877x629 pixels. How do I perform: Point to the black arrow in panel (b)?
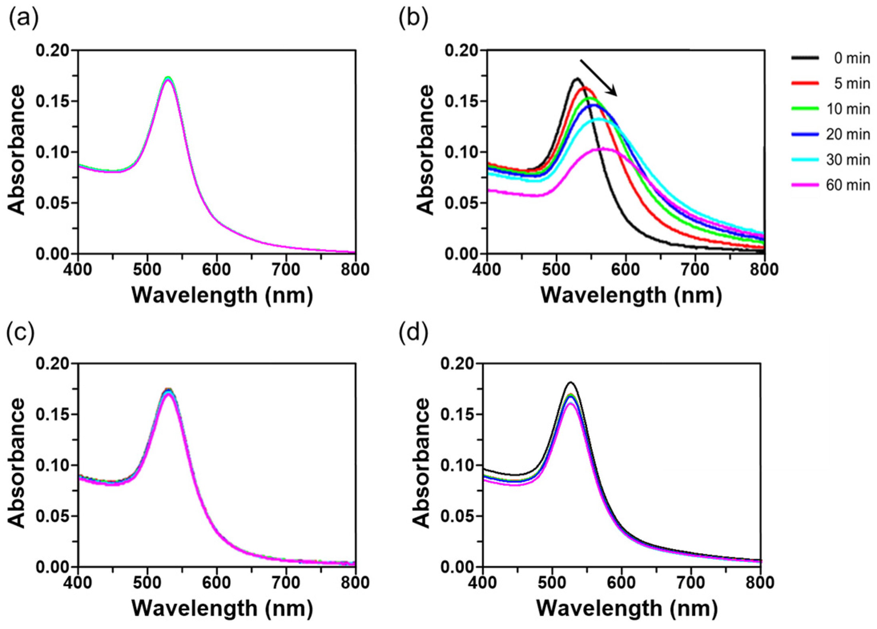click(x=599, y=78)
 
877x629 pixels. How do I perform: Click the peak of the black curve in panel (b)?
click(x=577, y=79)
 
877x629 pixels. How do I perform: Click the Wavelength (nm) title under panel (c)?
click(x=222, y=609)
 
